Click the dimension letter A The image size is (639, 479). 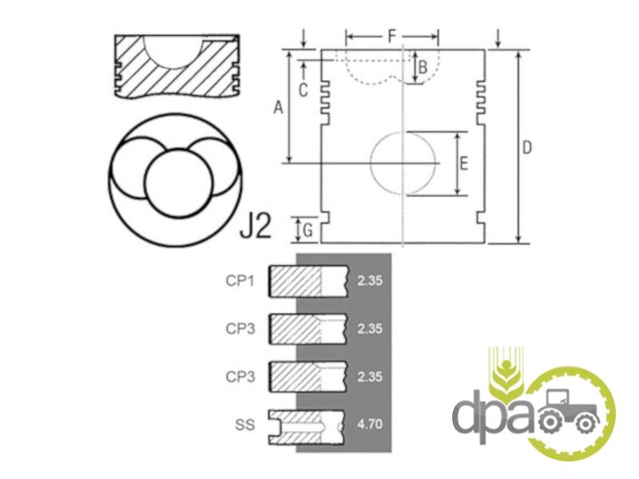pyautogui.click(x=278, y=108)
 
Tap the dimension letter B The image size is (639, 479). pyautogui.click(x=423, y=67)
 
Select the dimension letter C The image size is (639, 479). pyautogui.click(x=303, y=90)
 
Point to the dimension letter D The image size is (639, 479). pyautogui.click(x=526, y=148)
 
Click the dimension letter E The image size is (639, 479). pyautogui.click(x=463, y=164)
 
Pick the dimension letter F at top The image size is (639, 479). pyautogui.click(x=391, y=36)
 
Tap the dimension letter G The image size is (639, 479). pyautogui.click(x=308, y=231)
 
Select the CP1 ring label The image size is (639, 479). pyautogui.click(x=240, y=281)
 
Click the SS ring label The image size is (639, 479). pyautogui.click(x=245, y=425)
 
